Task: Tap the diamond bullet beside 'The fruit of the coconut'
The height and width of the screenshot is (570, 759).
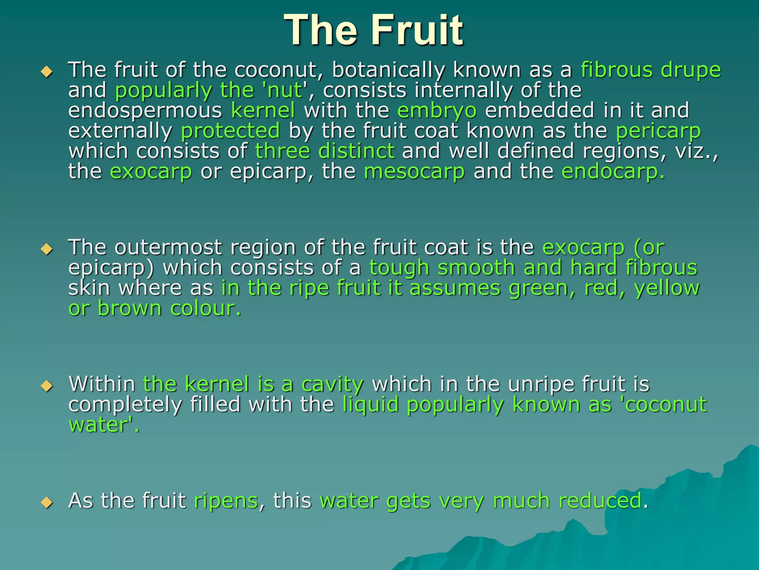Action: pos(47,71)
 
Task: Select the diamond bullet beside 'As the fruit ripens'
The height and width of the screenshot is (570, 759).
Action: pos(47,502)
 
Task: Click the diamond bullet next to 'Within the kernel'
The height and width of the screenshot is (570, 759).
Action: pos(47,386)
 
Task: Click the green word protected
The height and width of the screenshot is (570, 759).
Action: pos(230,131)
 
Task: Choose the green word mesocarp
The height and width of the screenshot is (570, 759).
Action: pos(414,172)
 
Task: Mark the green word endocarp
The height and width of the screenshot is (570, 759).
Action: pos(613,171)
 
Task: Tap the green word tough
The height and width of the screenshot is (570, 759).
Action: pos(399,268)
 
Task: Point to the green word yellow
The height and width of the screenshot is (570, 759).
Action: pos(667,289)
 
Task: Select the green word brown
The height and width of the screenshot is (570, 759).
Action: pos(130,308)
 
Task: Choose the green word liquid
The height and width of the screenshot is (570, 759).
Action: pos(370,405)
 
